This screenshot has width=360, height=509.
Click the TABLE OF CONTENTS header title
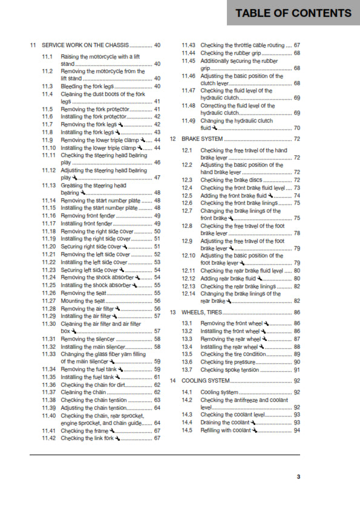pyautogui.click(x=293, y=13)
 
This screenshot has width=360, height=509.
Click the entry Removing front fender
pyautogui.click(x=87, y=216)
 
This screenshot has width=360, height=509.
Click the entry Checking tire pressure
pyautogui.click(x=229, y=361)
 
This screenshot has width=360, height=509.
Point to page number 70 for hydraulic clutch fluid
pyautogui.click(x=297, y=128)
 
